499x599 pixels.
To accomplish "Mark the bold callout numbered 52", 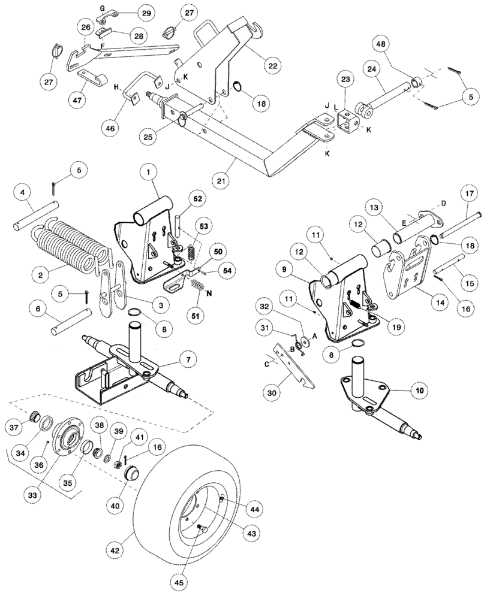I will [197, 198].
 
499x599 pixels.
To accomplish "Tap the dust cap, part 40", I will [132, 477].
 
